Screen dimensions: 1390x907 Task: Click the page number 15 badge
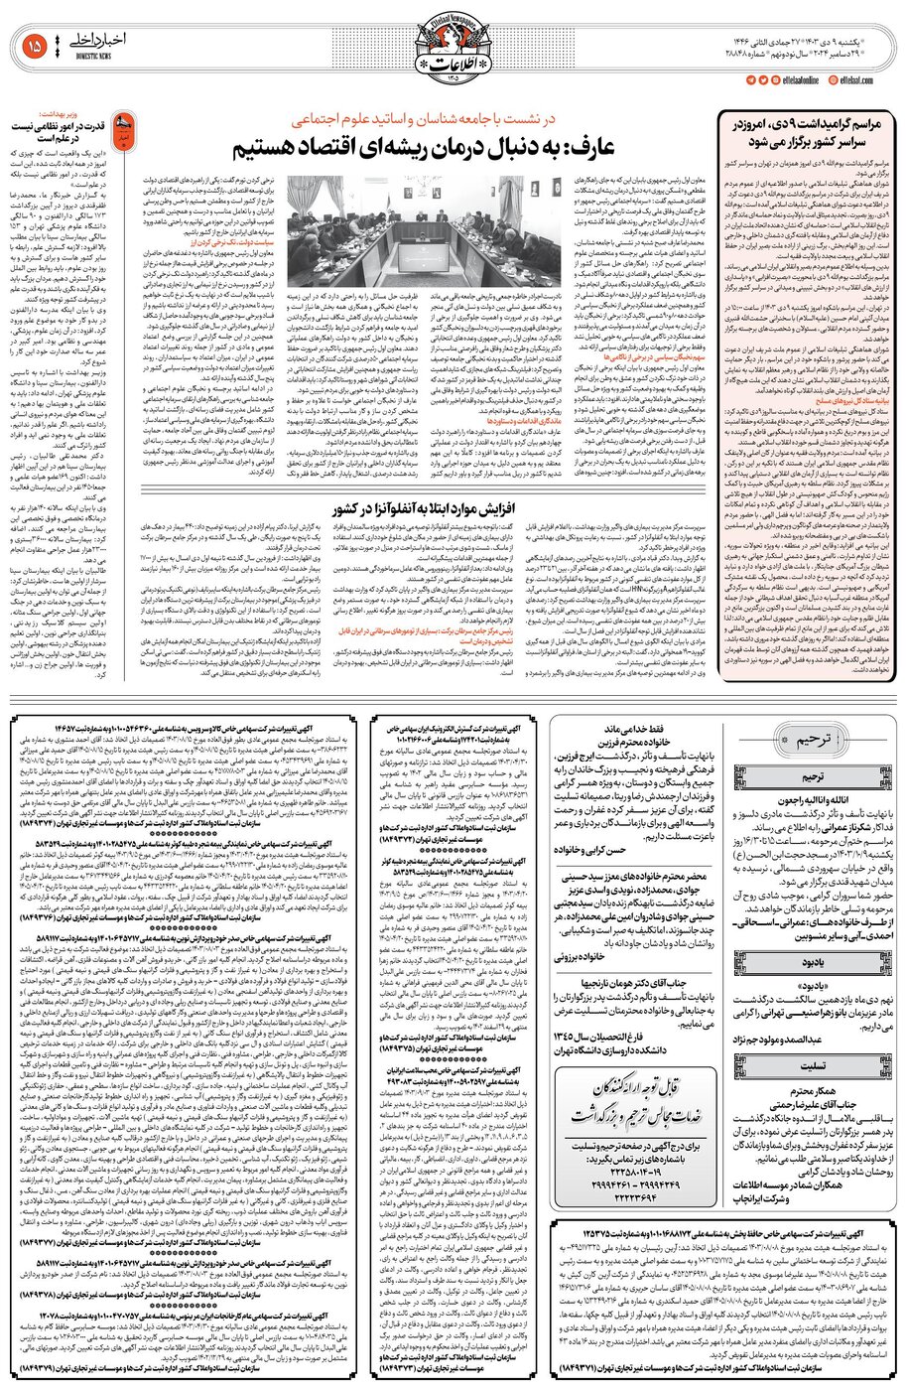pyautogui.click(x=34, y=45)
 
